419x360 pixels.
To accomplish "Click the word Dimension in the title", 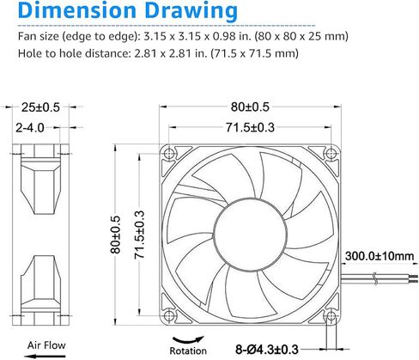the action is (77, 10).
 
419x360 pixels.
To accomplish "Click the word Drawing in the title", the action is (191, 12).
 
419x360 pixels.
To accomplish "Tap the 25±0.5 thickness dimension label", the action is (40, 107).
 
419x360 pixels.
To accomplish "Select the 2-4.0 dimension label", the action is (30, 127).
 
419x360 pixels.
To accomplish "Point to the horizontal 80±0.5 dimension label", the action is (250, 107).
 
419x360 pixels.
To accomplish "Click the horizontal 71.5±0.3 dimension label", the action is (250, 127).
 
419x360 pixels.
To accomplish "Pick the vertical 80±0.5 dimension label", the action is (116, 235).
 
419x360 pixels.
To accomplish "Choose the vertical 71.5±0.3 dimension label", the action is (139, 235).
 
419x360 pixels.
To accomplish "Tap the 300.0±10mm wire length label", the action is (380, 256).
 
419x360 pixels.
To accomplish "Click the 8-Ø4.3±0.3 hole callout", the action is (267, 350).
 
